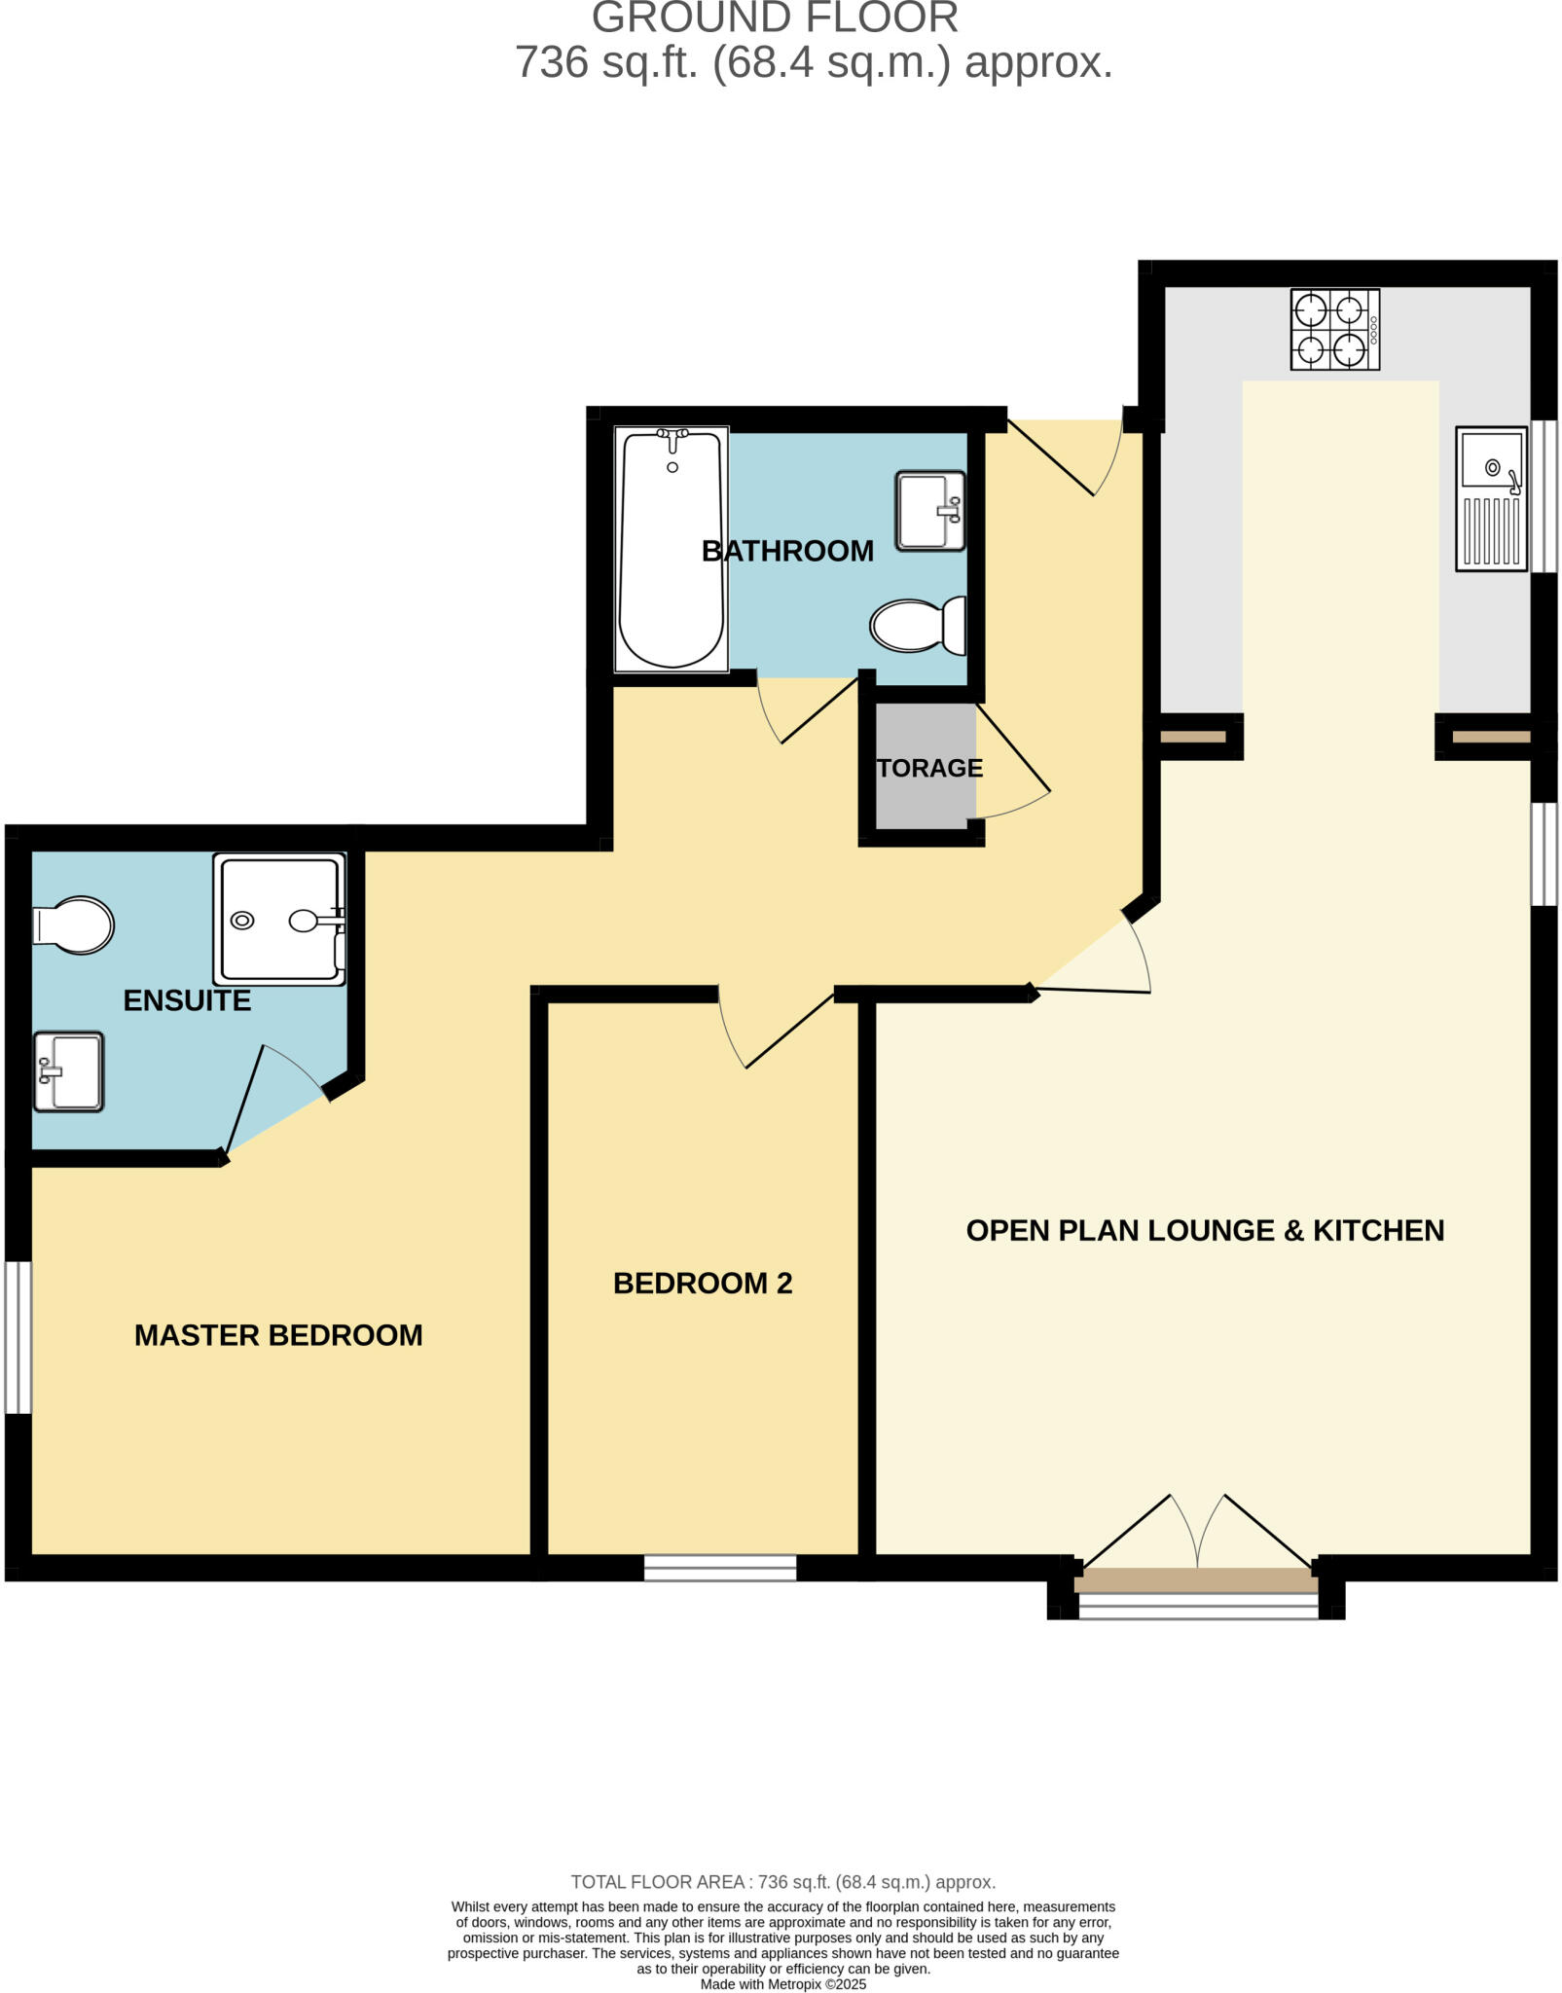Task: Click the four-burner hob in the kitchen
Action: [x=1333, y=330]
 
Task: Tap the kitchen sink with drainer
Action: [x=1490, y=498]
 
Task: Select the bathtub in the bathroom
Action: [x=672, y=550]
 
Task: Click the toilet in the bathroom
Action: [x=917, y=626]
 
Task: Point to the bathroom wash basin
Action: [x=929, y=511]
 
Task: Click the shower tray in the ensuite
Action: [x=279, y=920]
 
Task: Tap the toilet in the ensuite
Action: [x=74, y=924]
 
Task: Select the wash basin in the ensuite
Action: [x=68, y=1071]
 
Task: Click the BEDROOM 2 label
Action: [x=703, y=1284]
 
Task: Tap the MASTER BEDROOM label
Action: [x=278, y=1335]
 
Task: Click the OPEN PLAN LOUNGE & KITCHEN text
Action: [x=1204, y=1231]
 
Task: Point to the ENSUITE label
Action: [x=187, y=1000]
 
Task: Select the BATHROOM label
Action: [x=787, y=551]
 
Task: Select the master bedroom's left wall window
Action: [x=18, y=1337]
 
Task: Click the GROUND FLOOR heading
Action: [x=775, y=18]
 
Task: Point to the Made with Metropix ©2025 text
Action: [x=782, y=1984]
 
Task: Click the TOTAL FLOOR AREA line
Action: [x=782, y=1882]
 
